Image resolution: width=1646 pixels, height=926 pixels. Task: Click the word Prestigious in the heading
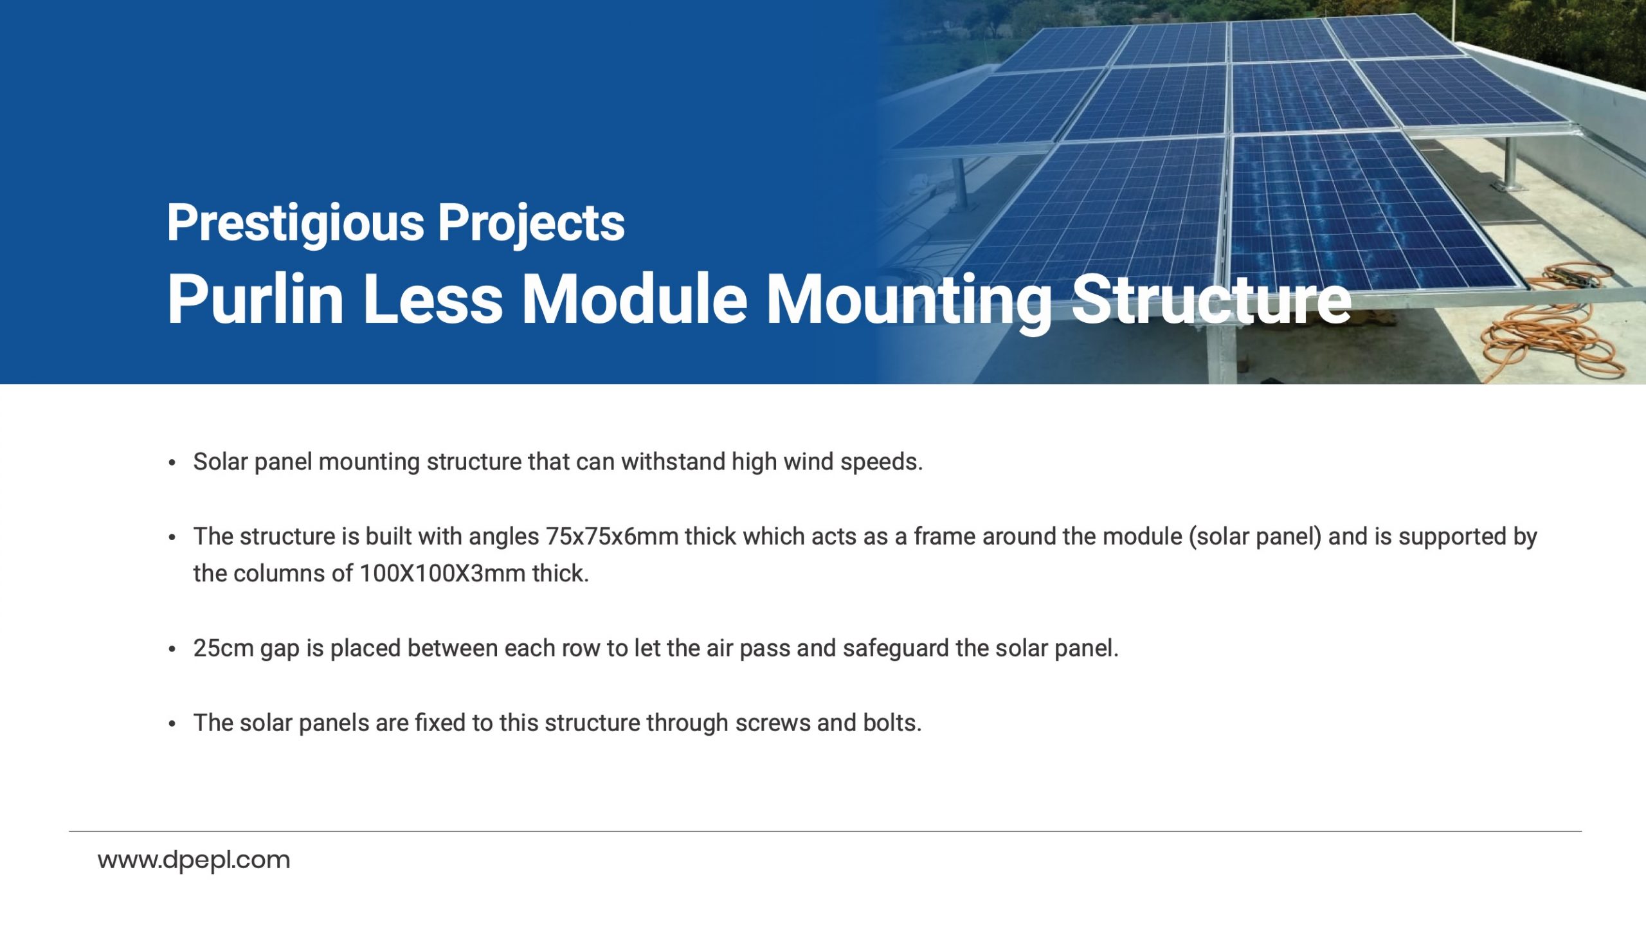(296, 223)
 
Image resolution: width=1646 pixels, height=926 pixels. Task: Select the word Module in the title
(635, 298)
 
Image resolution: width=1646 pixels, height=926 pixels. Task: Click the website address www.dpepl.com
(194, 860)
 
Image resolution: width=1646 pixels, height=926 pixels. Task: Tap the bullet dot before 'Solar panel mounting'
(172, 463)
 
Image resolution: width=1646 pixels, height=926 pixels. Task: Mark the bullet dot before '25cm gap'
(172, 649)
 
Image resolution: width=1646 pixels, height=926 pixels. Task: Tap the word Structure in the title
(1211, 298)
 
